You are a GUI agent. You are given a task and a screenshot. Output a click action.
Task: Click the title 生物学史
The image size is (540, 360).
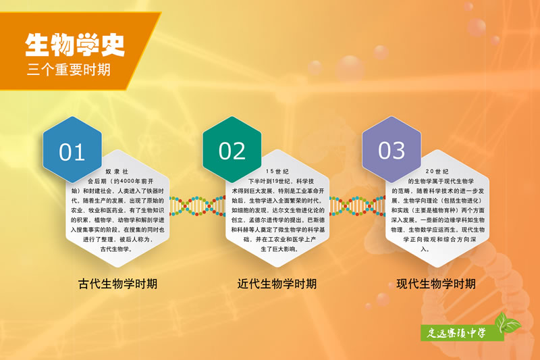[75, 45]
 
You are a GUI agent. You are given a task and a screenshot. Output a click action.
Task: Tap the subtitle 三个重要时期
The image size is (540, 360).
[69, 70]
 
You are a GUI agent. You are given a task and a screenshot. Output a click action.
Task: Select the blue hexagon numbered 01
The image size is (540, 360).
[72, 149]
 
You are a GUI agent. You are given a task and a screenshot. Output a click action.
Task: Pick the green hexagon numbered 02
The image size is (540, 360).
[232, 149]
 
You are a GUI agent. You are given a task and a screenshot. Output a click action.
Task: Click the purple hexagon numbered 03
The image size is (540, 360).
[391, 149]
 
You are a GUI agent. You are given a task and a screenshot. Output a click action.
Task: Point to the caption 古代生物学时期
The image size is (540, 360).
[117, 284]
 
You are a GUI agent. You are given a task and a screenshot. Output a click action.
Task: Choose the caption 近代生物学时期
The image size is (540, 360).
[277, 284]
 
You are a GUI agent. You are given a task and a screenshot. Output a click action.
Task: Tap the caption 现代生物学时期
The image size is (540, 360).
[436, 284]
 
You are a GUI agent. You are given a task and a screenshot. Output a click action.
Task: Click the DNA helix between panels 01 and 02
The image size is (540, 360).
[198, 206]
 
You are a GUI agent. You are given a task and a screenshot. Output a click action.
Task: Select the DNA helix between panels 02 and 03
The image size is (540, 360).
[357, 206]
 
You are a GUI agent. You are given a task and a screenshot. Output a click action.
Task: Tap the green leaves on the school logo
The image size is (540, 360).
[507, 323]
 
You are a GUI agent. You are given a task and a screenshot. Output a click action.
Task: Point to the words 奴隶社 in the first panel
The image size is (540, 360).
[117, 171]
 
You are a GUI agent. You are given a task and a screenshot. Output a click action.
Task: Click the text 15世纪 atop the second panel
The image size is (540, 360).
[277, 171]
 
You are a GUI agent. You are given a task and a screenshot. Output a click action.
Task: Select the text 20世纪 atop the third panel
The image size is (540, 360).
[437, 171]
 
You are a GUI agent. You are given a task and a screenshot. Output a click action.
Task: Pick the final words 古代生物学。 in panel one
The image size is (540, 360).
[116, 249]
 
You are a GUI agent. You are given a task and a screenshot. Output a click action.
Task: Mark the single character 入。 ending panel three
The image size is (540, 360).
[425, 249]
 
